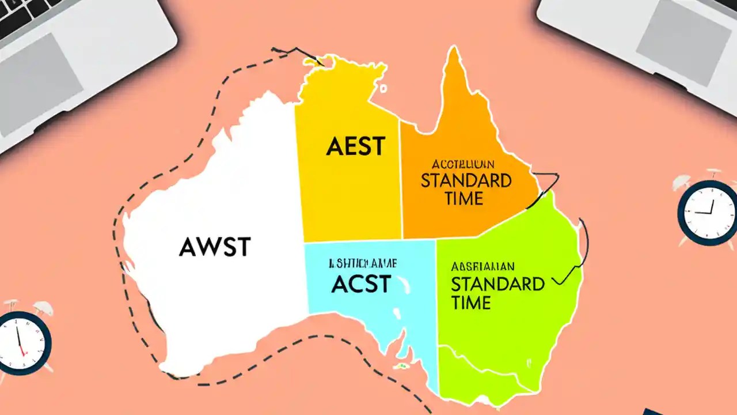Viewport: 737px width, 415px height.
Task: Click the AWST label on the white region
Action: coord(215,247)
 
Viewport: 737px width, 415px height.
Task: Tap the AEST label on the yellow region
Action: coord(355,146)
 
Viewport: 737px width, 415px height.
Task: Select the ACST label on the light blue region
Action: coord(361,284)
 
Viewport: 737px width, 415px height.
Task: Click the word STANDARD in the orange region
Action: coord(466,180)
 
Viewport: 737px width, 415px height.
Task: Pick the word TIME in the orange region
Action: coord(464,199)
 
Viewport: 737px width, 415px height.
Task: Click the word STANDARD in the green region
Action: coord(497,284)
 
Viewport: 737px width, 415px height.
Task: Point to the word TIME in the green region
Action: coord(471,303)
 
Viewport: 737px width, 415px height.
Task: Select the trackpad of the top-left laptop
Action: coord(40,75)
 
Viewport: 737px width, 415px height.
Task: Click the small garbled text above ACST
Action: coord(362,264)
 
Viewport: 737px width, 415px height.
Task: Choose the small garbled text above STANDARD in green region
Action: coord(483,266)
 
